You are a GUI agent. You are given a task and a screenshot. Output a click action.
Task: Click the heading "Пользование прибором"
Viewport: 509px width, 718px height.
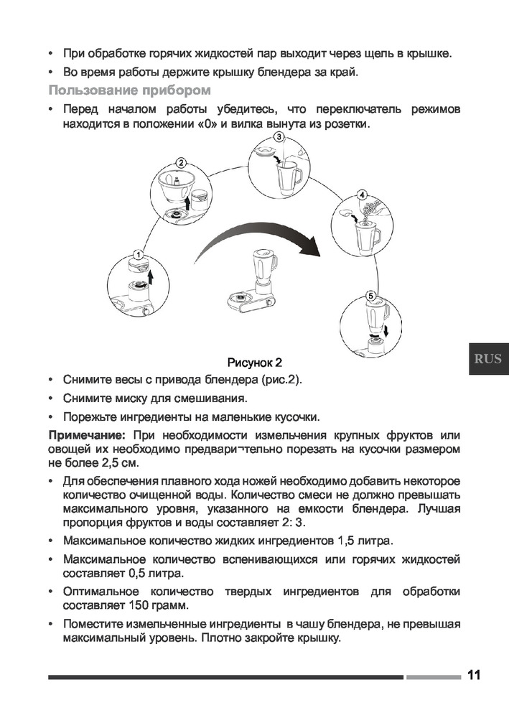(x=129, y=90)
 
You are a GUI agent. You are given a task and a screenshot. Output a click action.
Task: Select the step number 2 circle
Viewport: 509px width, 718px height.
(x=182, y=163)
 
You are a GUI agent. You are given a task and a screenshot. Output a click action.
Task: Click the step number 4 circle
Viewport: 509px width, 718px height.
(x=362, y=195)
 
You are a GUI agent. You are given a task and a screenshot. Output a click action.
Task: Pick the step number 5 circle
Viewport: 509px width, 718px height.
(x=370, y=296)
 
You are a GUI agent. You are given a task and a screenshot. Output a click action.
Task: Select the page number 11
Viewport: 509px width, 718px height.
(x=473, y=675)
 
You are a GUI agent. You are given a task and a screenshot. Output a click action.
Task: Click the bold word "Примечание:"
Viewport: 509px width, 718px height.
(x=86, y=435)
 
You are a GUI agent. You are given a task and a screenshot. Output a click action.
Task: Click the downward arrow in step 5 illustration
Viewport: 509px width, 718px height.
(x=388, y=332)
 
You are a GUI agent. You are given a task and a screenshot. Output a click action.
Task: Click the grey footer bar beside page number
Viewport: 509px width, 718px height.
(x=432, y=676)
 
